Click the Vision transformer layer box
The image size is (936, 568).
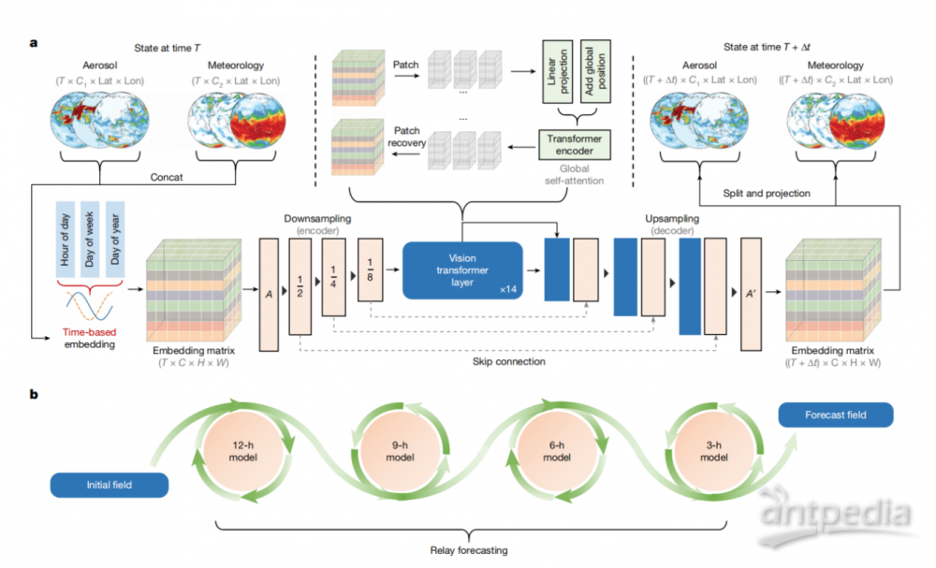point(462,270)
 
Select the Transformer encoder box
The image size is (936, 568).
point(575,144)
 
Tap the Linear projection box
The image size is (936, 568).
point(558,72)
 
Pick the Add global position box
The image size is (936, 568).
point(595,72)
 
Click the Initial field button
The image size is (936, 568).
point(110,485)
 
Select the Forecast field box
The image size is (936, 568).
point(836,415)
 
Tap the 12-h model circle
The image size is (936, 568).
point(243,452)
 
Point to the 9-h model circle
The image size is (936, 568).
point(400,452)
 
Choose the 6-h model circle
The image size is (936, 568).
point(557,452)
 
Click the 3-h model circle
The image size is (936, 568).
point(714,452)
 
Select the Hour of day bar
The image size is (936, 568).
point(66,240)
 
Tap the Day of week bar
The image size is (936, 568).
point(90,240)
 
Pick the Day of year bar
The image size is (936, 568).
point(114,240)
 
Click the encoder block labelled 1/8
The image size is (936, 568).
point(370,269)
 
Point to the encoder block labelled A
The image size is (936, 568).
point(269,295)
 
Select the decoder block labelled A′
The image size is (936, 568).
point(751,294)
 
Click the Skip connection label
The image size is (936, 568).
point(508,361)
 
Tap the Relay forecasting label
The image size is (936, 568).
point(469,550)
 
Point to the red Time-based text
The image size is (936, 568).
point(90,332)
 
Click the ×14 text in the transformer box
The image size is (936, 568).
point(508,289)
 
